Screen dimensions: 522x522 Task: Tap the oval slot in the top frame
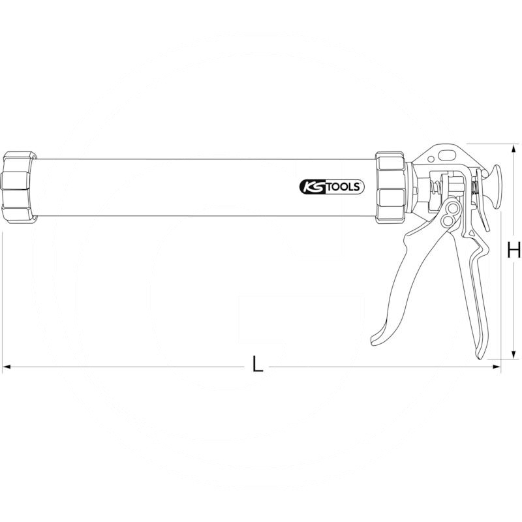pyautogui.click(x=449, y=155)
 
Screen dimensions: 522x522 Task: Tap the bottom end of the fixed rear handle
pyautogui.click(x=484, y=352)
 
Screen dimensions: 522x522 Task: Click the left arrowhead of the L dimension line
pyautogui.click(x=6, y=367)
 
